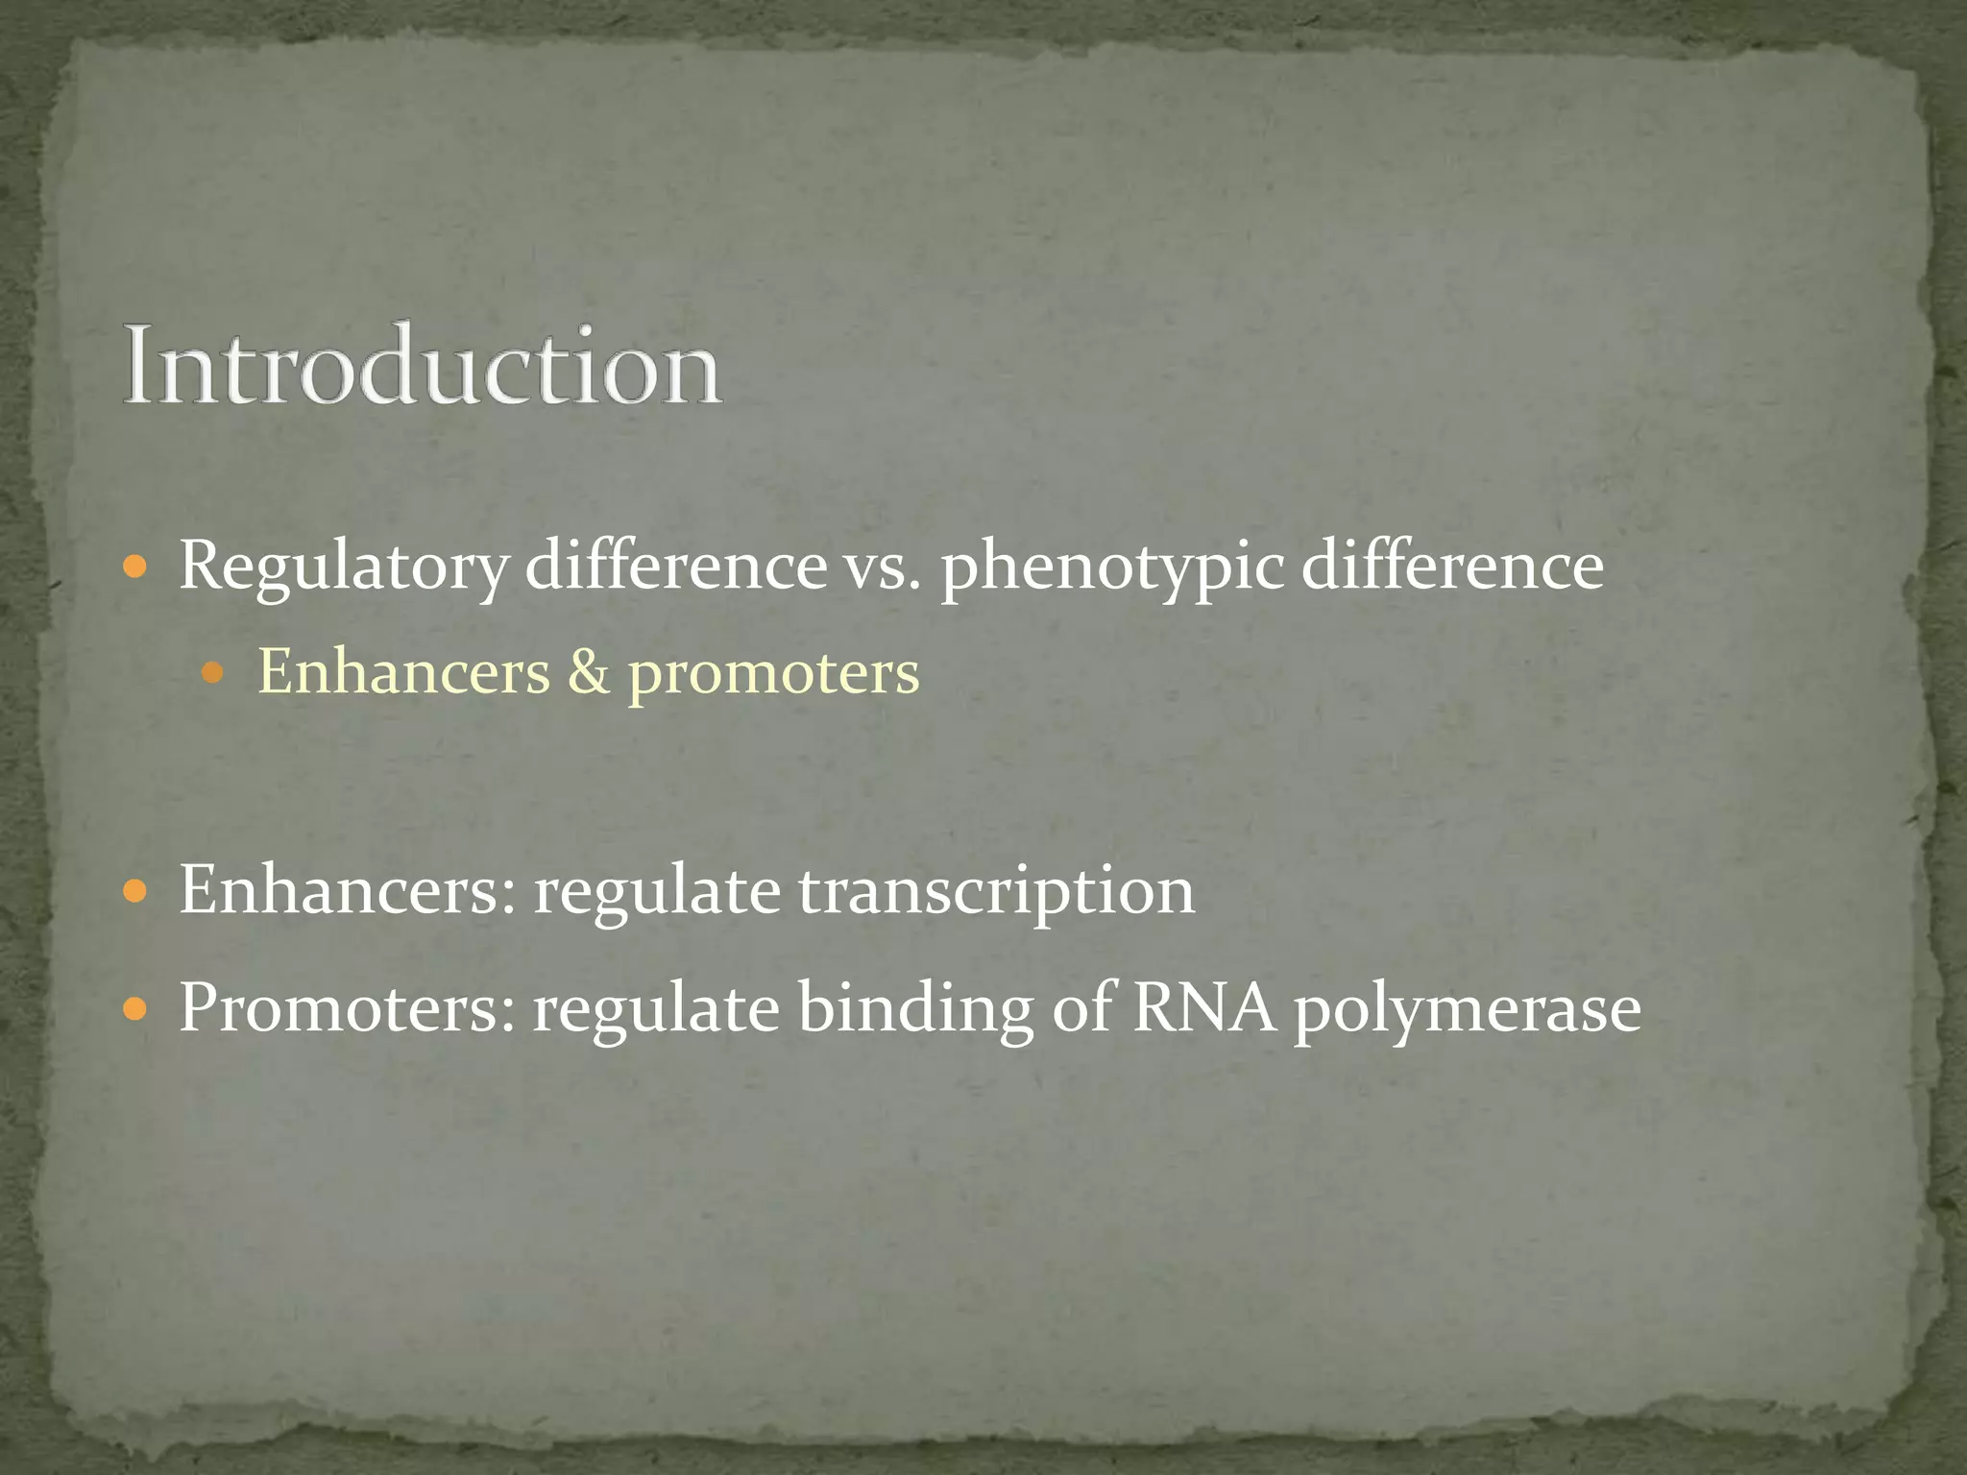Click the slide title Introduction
[x=422, y=368]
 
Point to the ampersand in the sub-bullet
[x=589, y=671]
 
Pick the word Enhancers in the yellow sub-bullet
[x=404, y=671]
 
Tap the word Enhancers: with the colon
[x=347, y=890]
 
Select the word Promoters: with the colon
[x=348, y=1008]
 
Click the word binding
[x=915, y=1010]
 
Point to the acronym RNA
[x=1205, y=1008]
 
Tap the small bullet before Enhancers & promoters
[x=213, y=673]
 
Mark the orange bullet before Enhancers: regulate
[x=135, y=892]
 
